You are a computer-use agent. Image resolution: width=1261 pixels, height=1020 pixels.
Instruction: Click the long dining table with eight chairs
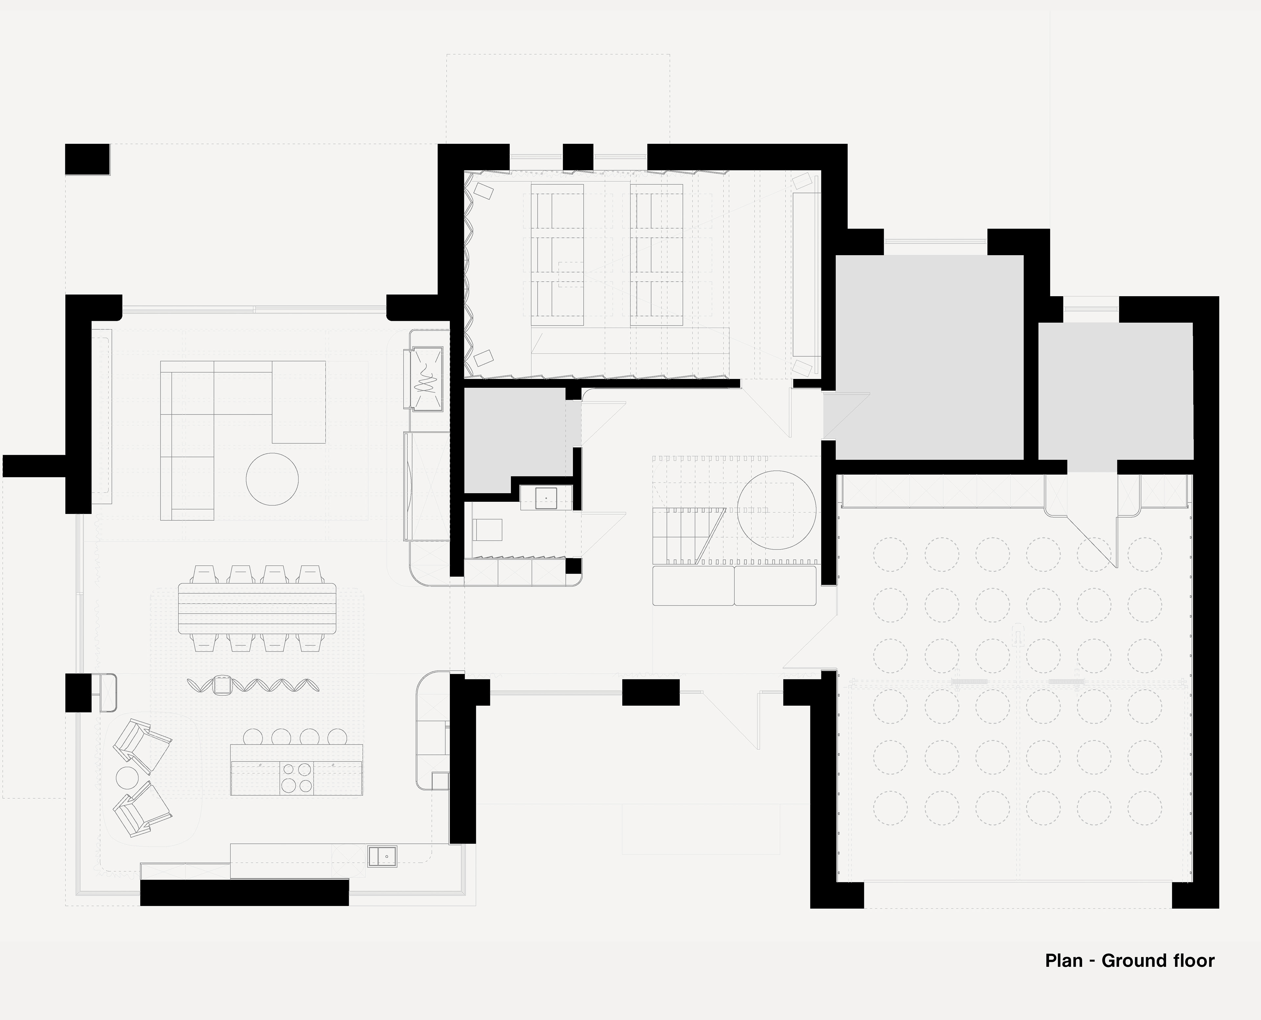point(257,608)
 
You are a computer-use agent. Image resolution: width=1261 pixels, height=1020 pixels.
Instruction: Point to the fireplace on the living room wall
point(423,379)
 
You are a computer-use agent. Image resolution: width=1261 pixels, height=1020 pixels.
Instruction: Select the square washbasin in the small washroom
point(546,498)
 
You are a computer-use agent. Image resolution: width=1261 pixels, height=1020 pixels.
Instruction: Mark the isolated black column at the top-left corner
point(87,159)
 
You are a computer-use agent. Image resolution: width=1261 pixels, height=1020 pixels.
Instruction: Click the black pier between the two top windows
point(578,157)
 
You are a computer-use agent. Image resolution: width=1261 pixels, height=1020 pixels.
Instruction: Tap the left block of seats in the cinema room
point(557,255)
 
